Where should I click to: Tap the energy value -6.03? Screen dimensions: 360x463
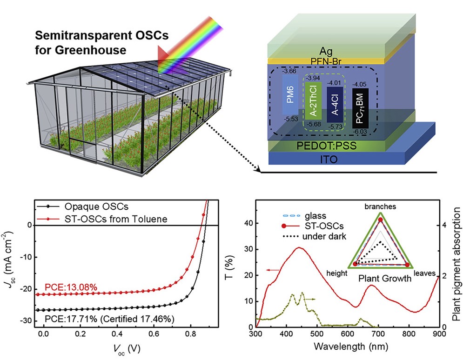359,133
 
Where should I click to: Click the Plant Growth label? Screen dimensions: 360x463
384,279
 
